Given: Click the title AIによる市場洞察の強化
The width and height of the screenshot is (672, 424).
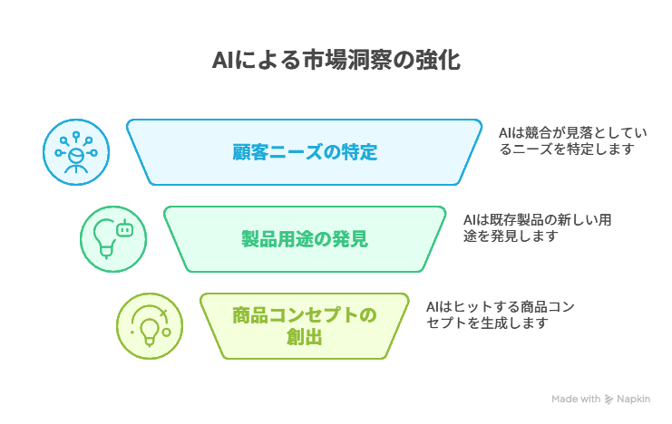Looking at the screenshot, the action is tap(336, 60).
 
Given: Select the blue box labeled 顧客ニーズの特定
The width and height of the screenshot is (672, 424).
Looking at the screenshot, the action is tap(305, 152).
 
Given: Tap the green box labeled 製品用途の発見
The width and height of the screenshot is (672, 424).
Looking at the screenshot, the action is tap(305, 239).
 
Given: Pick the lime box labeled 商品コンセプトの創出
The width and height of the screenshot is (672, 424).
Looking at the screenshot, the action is tap(305, 326).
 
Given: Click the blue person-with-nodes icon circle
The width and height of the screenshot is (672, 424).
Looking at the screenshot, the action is tap(76, 152).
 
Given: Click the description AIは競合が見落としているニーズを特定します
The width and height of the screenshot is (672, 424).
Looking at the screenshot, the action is tap(572, 141).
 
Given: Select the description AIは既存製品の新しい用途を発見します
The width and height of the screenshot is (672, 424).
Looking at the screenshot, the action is tap(537, 227).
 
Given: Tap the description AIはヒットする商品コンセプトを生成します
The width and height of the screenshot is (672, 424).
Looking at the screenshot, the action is tap(500, 314).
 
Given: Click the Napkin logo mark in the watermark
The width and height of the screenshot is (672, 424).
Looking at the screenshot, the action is tap(609, 400).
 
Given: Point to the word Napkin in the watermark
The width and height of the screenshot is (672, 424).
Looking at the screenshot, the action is tap(633, 400).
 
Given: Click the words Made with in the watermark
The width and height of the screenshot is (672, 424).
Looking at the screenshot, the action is tap(576, 400).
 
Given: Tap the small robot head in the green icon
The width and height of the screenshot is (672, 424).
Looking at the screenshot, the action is tap(125, 228).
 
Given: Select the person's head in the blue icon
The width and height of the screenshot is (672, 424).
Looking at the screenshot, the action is tap(76, 156).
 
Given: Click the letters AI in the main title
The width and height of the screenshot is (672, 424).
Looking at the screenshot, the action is tap(222, 61).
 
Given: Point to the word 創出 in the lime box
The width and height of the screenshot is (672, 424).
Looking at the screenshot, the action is tap(305, 337).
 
